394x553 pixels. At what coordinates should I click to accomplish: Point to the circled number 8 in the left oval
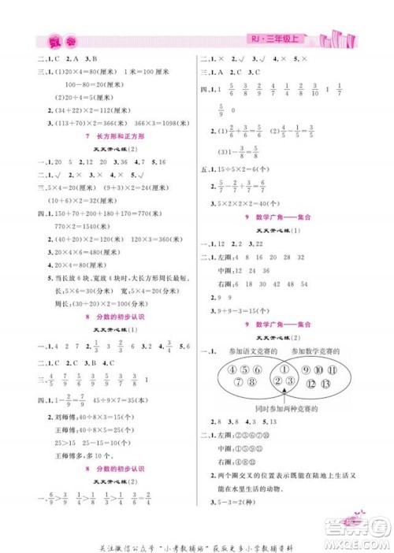251,384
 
